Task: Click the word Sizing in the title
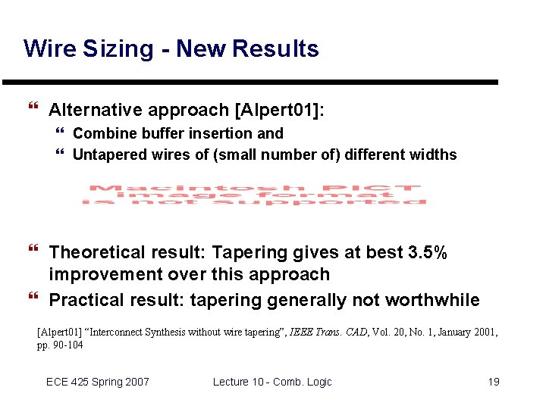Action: [120, 49]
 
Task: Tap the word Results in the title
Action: [275, 49]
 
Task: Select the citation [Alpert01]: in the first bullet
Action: [280, 111]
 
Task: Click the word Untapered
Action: [108, 155]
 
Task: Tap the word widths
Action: [432, 155]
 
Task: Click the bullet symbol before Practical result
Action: [32, 298]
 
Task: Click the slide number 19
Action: [493, 382]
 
